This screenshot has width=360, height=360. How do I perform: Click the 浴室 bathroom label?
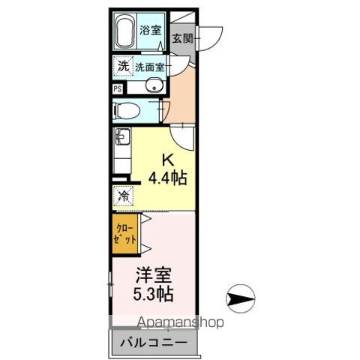(x=151, y=31)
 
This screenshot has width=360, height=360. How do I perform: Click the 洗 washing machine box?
(x=122, y=66)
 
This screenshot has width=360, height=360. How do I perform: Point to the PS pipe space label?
(x=118, y=88)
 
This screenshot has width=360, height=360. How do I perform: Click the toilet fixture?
(x=127, y=110)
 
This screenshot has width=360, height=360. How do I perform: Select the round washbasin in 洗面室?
(x=156, y=86)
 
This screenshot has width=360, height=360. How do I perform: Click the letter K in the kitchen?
(x=169, y=160)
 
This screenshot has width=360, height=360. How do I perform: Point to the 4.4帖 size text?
(x=168, y=178)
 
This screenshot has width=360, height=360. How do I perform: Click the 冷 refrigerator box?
(x=122, y=196)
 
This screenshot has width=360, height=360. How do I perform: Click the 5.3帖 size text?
(x=154, y=293)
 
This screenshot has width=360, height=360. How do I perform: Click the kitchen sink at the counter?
(x=121, y=137)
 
